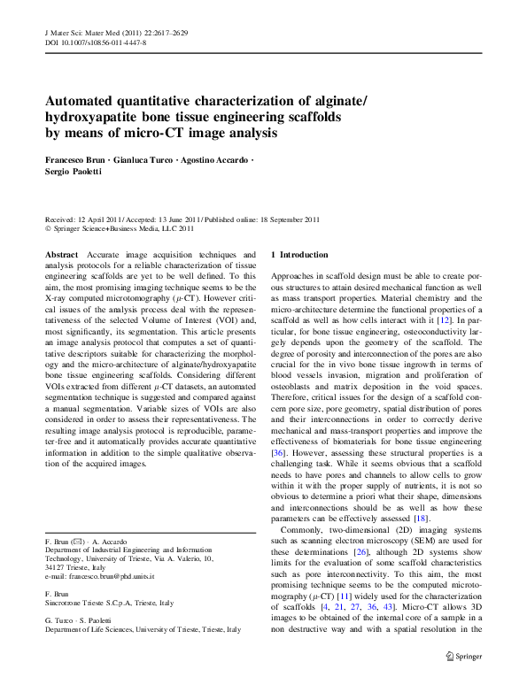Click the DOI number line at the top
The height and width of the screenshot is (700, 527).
pyautogui.click(x=96, y=42)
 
